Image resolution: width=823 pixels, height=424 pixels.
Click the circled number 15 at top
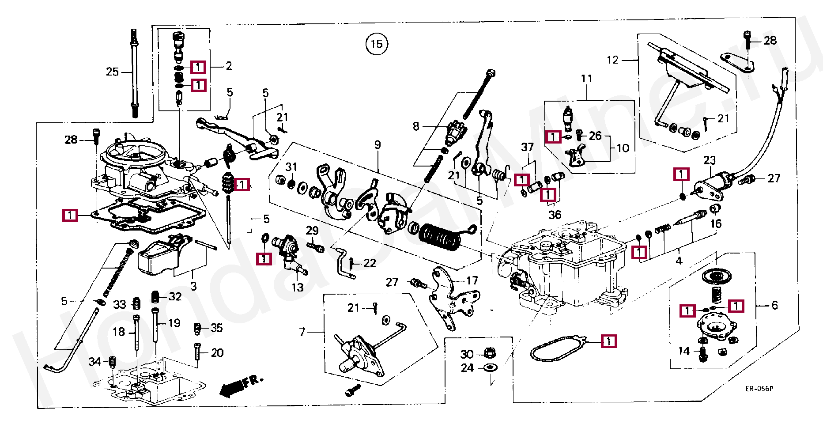coord(377,44)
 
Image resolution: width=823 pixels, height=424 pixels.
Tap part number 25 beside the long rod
coord(112,72)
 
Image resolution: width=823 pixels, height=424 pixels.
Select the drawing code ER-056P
coord(759,389)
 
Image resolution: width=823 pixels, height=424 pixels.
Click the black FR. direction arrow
coord(231,387)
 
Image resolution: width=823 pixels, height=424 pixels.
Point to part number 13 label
coord(297,288)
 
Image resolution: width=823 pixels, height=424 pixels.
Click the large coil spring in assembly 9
coord(439,238)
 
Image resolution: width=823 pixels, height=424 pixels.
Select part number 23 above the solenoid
coord(710,160)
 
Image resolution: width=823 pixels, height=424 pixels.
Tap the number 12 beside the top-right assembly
coord(612,60)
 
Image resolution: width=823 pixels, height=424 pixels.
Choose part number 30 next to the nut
coord(467,354)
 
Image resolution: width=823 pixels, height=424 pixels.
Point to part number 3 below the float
coord(193,286)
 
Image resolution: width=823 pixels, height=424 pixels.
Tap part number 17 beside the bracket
coord(472,280)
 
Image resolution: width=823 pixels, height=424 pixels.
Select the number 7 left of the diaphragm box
coord(302,331)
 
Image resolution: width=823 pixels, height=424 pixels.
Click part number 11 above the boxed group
coord(586,79)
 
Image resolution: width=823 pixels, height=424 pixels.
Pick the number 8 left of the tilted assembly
coord(416,126)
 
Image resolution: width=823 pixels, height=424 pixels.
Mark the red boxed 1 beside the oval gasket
coord(609,341)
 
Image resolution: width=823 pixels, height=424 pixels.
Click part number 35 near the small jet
coord(216,328)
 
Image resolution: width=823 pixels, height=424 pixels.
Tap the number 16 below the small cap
coord(716,224)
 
